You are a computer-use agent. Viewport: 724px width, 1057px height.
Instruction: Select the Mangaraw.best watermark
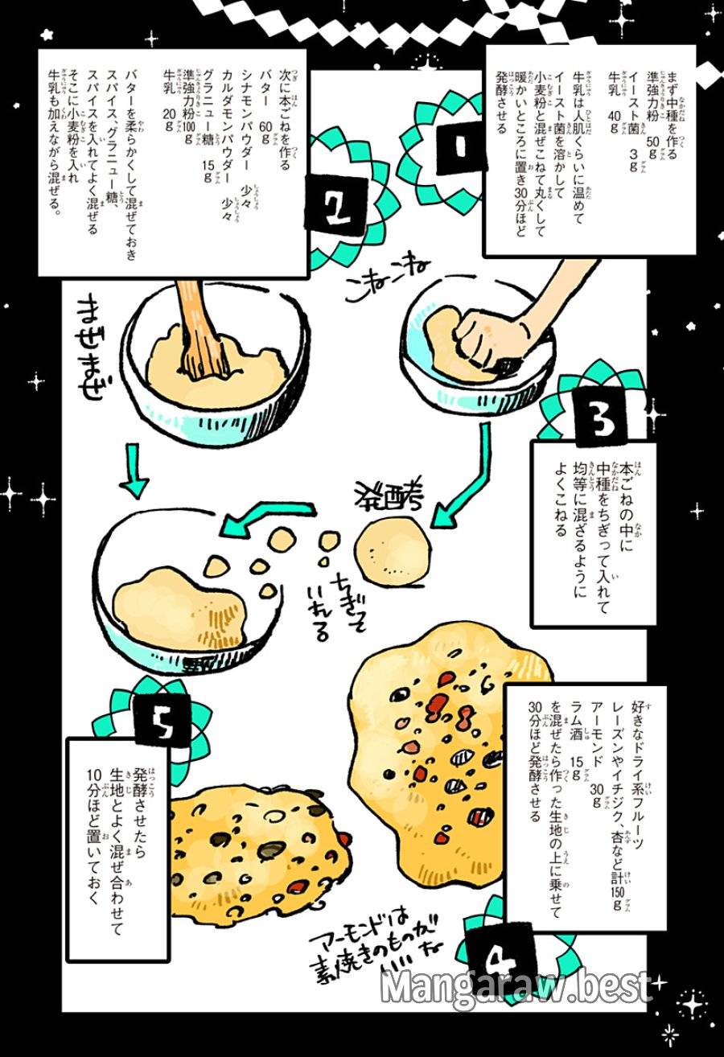(x=516, y=985)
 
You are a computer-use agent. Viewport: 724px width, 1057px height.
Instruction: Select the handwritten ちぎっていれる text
(x=330, y=599)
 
